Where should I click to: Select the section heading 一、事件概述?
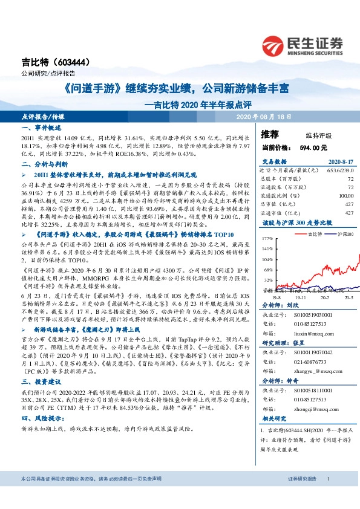40,129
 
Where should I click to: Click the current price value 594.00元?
315,147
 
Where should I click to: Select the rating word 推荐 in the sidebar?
270,134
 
